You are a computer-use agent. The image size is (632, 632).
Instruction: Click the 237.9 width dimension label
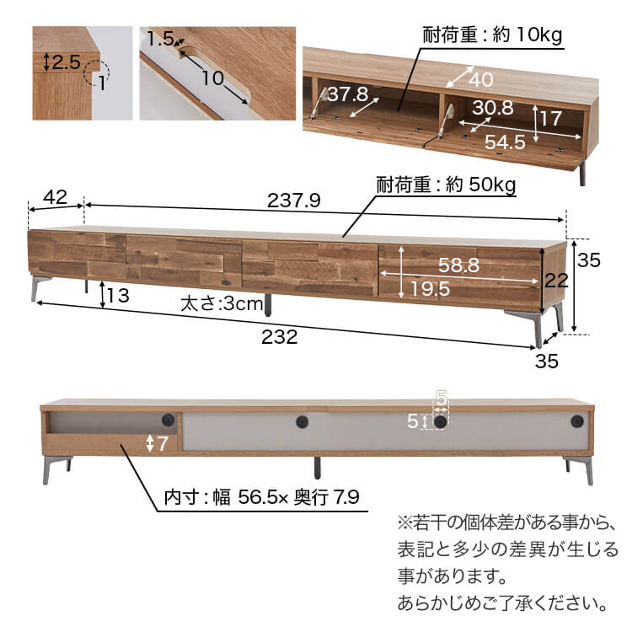coord(294,201)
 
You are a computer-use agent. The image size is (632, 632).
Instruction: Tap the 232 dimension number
coord(279,337)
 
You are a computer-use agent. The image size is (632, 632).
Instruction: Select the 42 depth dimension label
coord(56,197)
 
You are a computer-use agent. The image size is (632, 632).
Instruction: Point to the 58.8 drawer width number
coord(458,265)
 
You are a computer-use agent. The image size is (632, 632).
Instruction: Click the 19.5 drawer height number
coord(430,289)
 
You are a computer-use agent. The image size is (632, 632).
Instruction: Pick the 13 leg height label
coord(119,296)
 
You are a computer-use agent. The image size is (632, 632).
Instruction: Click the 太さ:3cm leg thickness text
coord(222,303)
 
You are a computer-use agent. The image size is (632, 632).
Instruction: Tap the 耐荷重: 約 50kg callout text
coord(446,185)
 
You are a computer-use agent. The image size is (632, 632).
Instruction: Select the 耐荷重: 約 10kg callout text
coord(492,35)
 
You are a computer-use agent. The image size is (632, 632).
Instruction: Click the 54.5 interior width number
coord(505,142)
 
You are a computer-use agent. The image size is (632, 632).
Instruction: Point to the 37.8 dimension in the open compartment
coord(347,94)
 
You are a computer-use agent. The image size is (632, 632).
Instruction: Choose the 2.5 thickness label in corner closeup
coord(67,62)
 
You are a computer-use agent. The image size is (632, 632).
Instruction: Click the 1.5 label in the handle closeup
coord(160,39)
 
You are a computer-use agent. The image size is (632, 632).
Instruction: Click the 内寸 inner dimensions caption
coord(261,497)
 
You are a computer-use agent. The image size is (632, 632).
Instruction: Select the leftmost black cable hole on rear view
coord(169,420)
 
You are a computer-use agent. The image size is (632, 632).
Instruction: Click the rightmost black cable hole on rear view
coord(576,421)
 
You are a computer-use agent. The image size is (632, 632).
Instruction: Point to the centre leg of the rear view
coord(317,468)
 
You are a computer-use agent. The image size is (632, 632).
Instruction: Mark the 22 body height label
coord(556,280)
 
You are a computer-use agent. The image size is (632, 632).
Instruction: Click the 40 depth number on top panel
coord(481,79)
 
